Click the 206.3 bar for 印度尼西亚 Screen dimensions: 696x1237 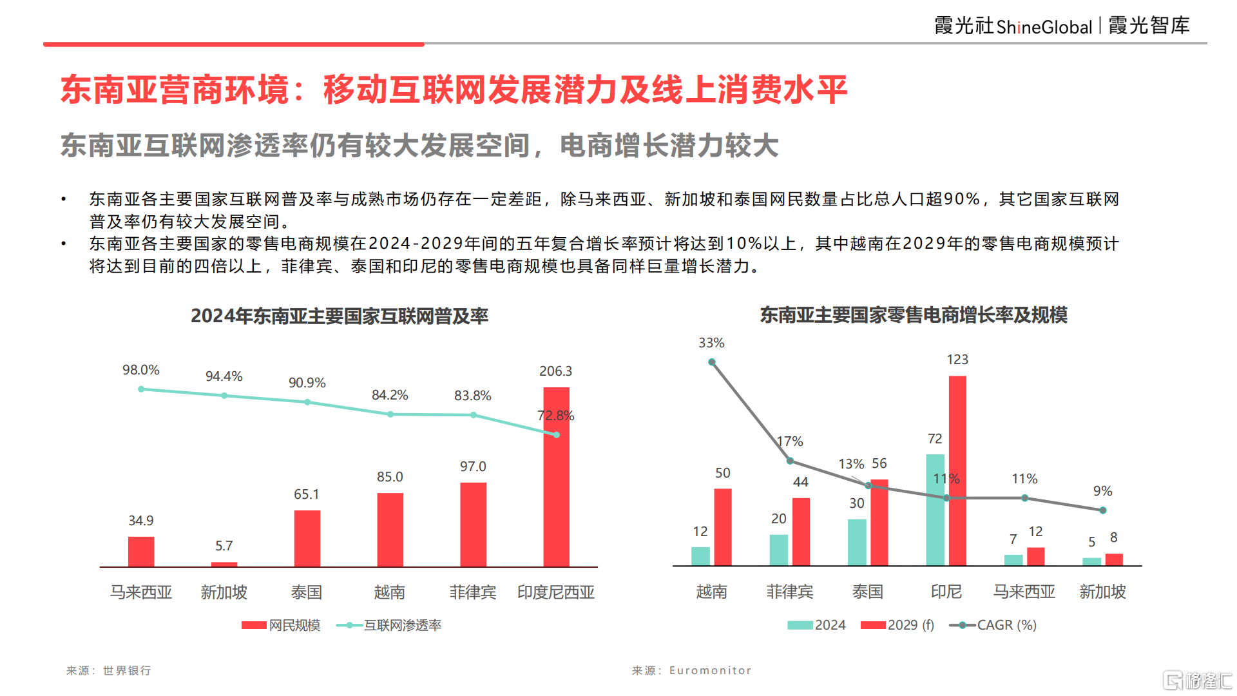pos(556,477)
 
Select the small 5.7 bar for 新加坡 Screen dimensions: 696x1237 pos(224,565)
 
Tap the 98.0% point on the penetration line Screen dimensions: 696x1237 pos(141,389)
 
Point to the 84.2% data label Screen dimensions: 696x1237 pos(390,395)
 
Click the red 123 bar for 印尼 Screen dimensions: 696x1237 pos(957,470)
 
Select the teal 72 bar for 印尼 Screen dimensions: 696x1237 pos(935,509)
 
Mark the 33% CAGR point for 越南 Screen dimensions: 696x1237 pos(712,362)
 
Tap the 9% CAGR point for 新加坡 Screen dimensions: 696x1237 pos(1103,510)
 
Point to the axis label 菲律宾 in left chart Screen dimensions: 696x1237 pos(473,592)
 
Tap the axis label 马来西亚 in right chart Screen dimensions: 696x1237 pos(1024,592)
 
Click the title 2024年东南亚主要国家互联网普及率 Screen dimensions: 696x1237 pos(340,316)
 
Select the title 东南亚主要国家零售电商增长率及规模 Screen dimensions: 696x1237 pos(914,315)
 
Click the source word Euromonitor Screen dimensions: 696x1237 pos(710,670)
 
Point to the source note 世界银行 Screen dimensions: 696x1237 pos(127,670)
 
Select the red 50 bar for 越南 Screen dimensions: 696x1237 pos(723,527)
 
